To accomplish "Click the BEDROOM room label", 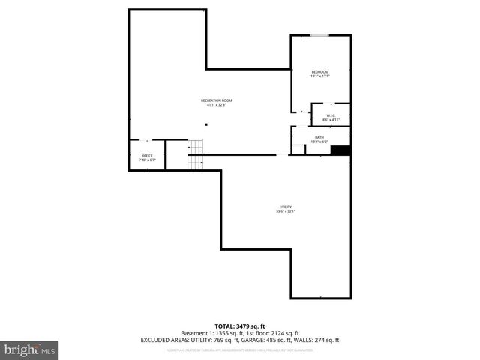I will pos(320,71).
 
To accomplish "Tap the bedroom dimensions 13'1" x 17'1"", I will pos(320,76).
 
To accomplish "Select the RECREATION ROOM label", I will pos(216,100).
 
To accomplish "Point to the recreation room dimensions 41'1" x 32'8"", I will pos(216,105).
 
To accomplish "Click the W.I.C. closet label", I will pos(331,115).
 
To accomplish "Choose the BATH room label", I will pos(319,137).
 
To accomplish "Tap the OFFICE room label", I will pos(147,156).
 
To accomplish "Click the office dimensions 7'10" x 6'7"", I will pos(147,160).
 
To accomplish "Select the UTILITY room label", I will pos(286,207).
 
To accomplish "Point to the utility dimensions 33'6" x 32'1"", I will pos(286,211).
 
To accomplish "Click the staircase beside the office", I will pos(196,154).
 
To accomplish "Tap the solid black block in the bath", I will pos(340,151).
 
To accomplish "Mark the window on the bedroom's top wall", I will pos(320,34).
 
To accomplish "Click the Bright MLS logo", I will pos(29,349).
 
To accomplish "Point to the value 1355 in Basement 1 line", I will pos(220,333).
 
